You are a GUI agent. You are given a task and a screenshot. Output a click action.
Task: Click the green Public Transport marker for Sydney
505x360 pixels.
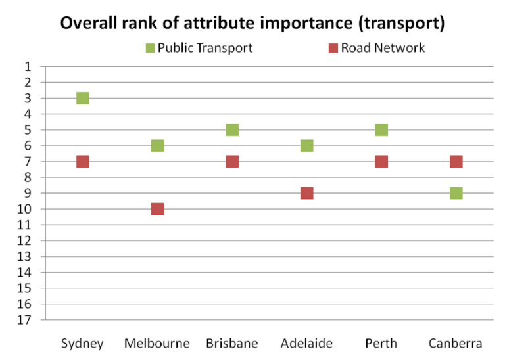point(83,98)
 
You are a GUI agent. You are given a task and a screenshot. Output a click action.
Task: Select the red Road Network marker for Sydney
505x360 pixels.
point(83,162)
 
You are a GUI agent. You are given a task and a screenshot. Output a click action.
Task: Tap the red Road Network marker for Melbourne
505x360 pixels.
point(157,209)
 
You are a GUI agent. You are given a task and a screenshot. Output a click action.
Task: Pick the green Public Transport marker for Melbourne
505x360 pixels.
point(157,145)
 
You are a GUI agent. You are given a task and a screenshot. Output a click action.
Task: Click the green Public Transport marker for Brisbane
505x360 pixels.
point(232,129)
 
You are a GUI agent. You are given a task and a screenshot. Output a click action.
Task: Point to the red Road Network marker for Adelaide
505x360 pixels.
point(306,193)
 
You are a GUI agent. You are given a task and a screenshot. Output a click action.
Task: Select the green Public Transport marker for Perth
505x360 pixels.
point(381,129)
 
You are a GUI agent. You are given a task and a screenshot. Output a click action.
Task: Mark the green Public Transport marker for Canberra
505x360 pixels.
point(456,193)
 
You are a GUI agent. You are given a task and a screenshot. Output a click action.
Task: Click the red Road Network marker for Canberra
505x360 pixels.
point(456,162)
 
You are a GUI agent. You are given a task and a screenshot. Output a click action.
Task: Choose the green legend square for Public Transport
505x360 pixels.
point(150,48)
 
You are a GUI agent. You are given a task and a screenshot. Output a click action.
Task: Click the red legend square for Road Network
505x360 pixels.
point(333,48)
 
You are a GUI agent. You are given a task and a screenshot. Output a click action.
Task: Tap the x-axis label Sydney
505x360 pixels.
point(82,344)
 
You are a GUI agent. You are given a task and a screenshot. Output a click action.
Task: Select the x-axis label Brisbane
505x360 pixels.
point(231,344)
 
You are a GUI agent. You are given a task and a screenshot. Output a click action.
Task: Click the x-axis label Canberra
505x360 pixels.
point(456,344)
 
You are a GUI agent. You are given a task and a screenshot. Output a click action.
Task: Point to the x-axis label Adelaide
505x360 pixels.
point(306,344)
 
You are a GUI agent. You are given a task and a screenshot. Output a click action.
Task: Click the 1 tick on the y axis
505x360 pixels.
point(28,66)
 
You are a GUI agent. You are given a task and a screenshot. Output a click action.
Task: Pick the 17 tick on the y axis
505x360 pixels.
point(25,320)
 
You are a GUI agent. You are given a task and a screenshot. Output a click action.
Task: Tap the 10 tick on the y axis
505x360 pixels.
point(25,209)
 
